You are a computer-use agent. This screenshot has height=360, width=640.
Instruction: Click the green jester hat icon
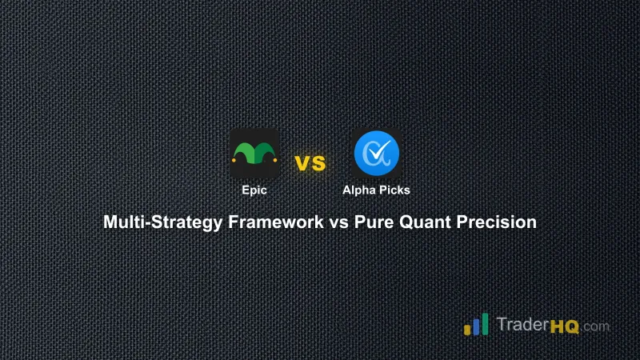[x=254, y=153]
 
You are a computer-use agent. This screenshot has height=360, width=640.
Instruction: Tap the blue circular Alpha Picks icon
[x=378, y=152]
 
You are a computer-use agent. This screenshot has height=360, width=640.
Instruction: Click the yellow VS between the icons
[x=310, y=163]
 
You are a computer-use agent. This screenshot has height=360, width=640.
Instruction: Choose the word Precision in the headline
[x=496, y=222]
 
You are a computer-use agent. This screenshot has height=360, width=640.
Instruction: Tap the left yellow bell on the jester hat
[x=234, y=158]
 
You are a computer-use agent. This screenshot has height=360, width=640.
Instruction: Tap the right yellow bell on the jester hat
[x=275, y=158]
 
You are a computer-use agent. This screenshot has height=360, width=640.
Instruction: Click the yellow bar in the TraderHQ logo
[x=467, y=329]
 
